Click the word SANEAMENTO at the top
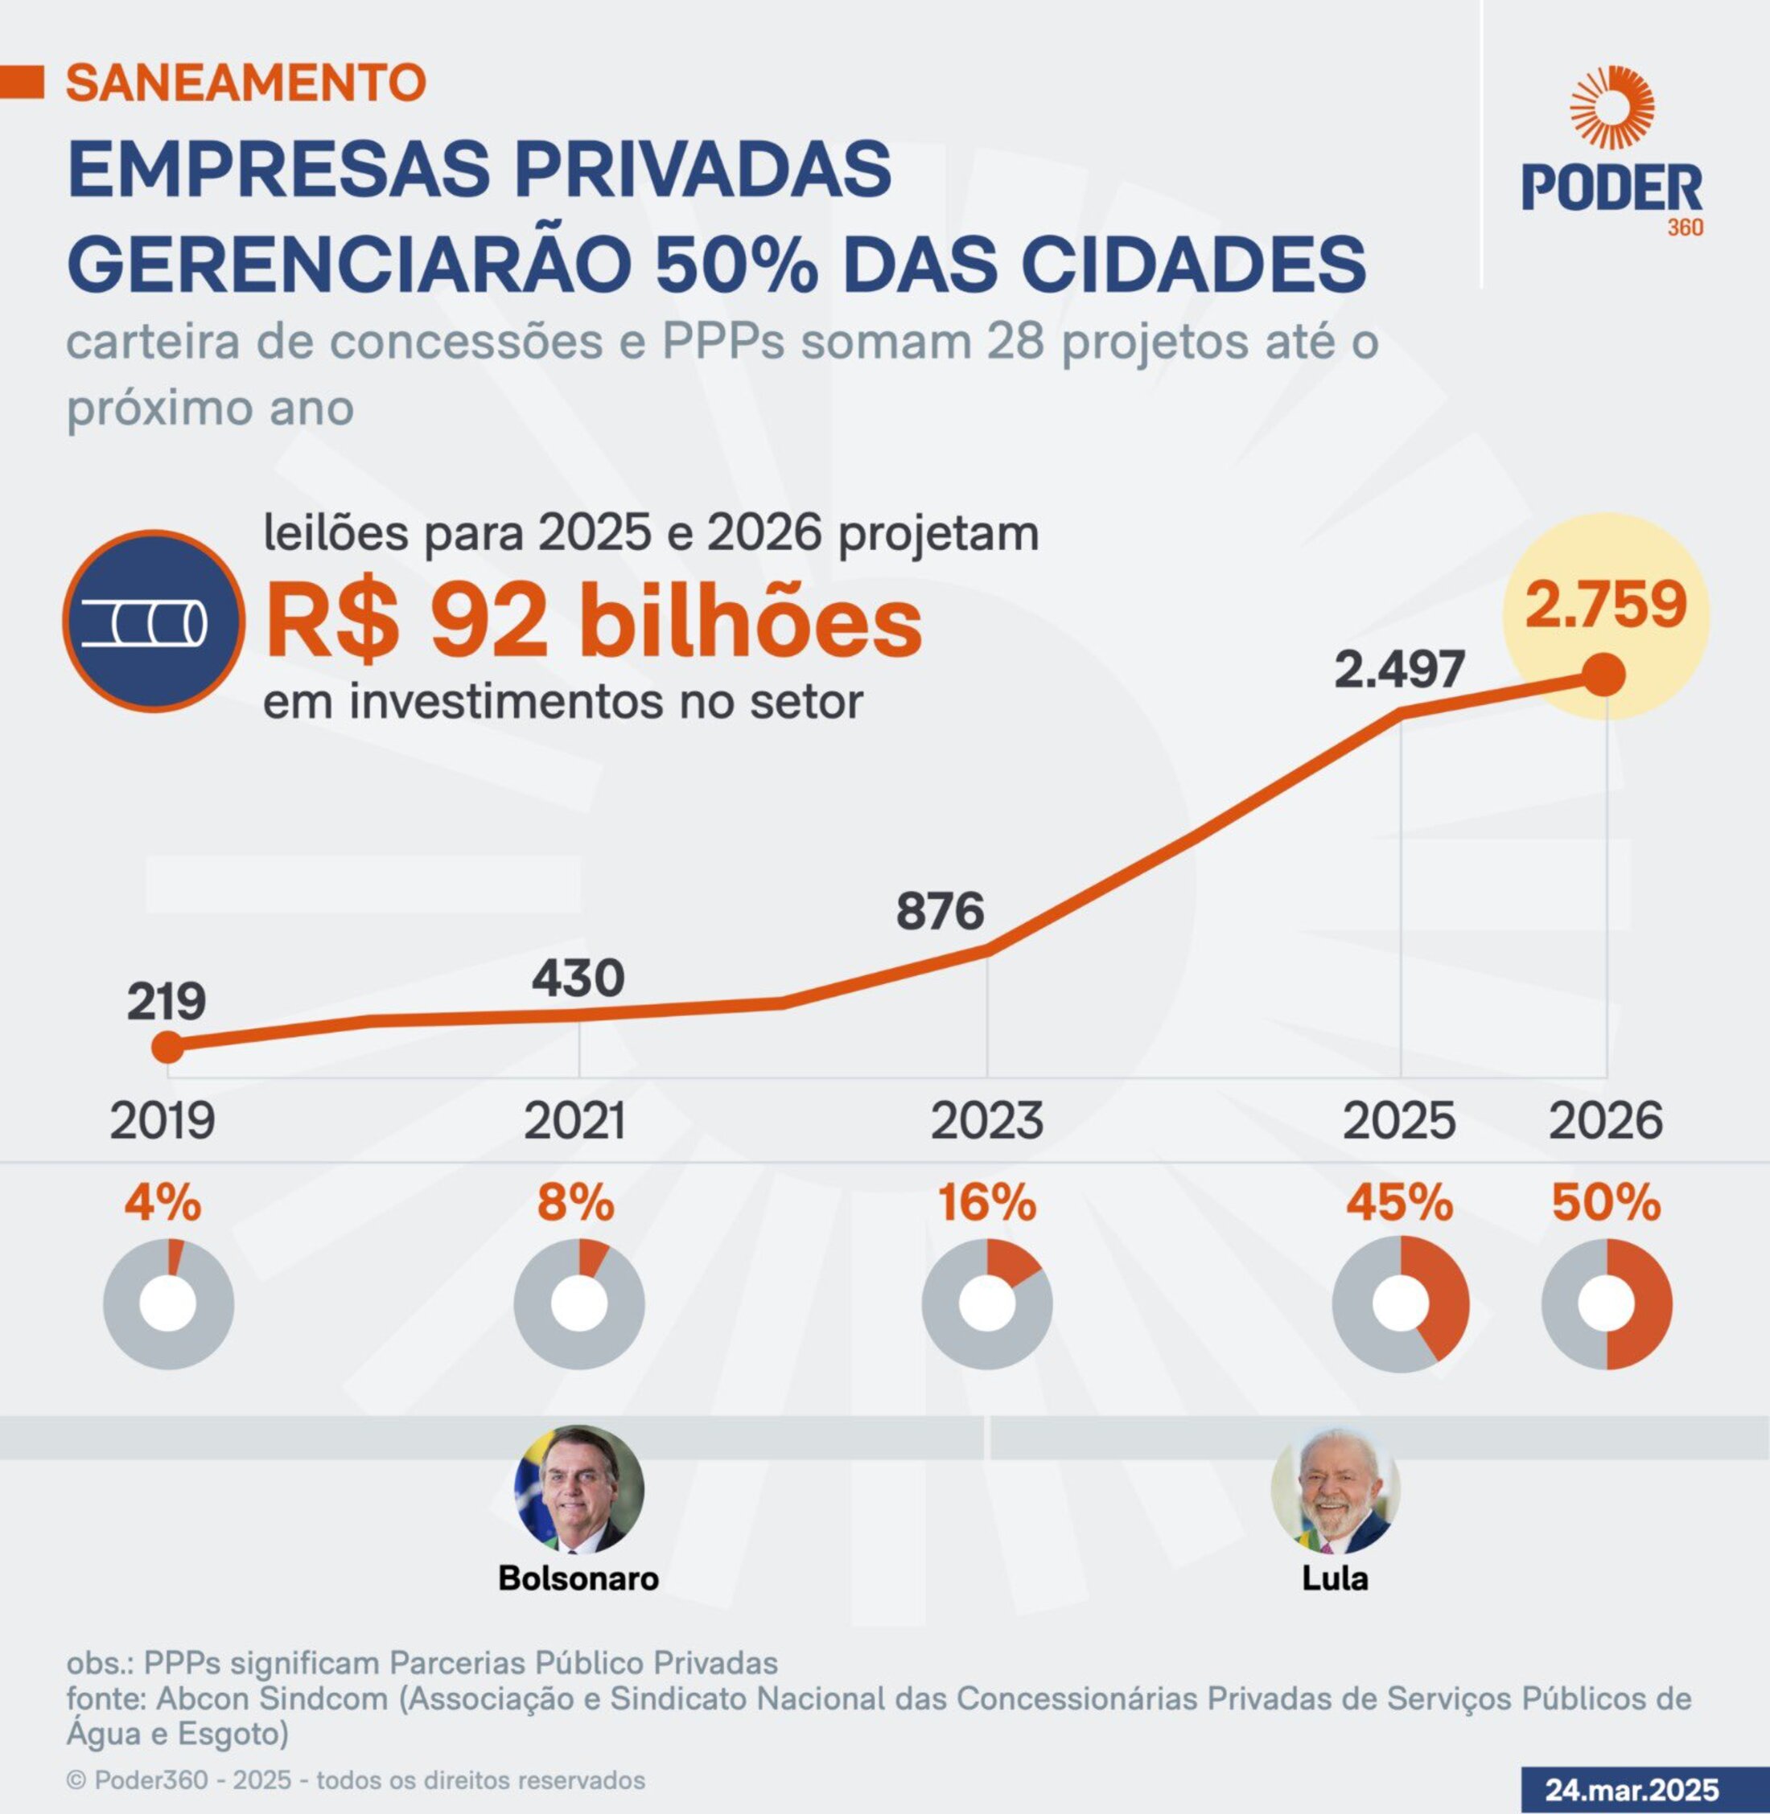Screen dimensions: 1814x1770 point(245,83)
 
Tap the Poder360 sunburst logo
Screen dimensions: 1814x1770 point(1612,108)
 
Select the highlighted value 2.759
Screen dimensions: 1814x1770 point(1605,605)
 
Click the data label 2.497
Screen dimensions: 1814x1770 point(1400,669)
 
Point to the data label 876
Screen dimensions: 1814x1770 point(940,911)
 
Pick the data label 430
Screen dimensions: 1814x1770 point(578,979)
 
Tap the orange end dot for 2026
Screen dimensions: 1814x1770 point(1604,675)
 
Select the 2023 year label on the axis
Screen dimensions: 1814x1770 point(986,1121)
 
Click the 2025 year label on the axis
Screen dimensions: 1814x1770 point(1399,1121)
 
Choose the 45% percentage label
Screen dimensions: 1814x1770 point(1400,1204)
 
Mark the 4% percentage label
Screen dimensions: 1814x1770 point(163,1204)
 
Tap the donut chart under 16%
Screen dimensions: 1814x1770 point(986,1303)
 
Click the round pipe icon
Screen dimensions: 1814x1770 point(154,622)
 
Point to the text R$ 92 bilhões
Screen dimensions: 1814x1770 point(594,622)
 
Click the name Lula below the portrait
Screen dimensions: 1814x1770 point(1335,1578)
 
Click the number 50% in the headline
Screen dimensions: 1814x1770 point(736,264)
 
